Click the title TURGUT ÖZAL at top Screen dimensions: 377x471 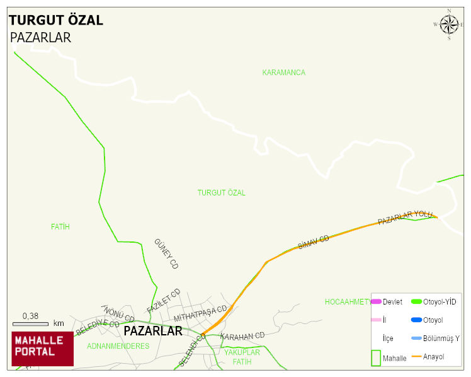pyautogui.click(x=56, y=20)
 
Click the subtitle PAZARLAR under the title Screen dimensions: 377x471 pyautogui.click(x=40, y=37)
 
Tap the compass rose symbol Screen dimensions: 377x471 pyautogui.click(x=449, y=25)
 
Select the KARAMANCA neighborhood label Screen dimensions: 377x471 pyautogui.click(x=283, y=72)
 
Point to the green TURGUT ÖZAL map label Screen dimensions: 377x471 pyautogui.click(x=221, y=192)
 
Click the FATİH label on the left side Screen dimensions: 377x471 pyautogui.click(x=60, y=226)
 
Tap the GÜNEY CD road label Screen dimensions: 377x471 pyautogui.click(x=166, y=254)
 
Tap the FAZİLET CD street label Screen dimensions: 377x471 pyautogui.click(x=164, y=301)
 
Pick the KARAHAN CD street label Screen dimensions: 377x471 pyautogui.click(x=242, y=336)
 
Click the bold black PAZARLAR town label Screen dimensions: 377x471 pyautogui.click(x=153, y=330)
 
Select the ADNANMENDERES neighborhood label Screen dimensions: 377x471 pyautogui.click(x=118, y=346)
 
